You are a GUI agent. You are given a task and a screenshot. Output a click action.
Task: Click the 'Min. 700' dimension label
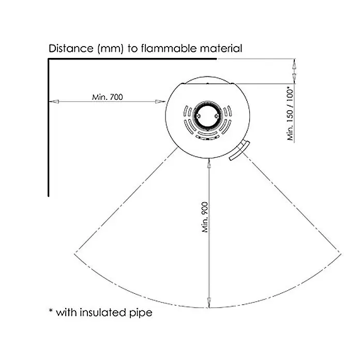coord(108,97)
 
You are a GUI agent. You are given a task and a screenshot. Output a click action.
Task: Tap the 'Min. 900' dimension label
coord(205,217)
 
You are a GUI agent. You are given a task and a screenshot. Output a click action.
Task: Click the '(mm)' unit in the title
coord(111,49)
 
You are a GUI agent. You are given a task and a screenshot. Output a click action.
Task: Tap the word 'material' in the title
coord(221,49)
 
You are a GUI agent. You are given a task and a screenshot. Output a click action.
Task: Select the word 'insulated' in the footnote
coord(103,312)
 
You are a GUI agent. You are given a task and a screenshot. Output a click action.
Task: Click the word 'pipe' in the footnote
coord(141,313)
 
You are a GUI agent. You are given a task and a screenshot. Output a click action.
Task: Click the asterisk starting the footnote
coord(51,310)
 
